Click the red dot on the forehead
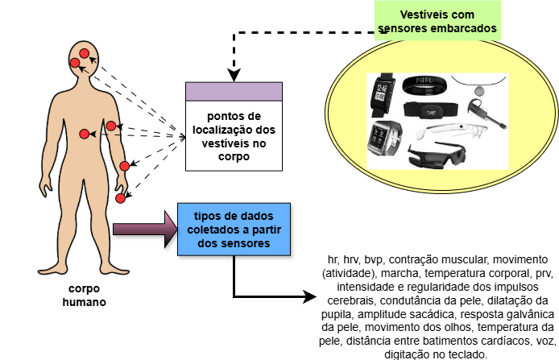click(x=84, y=53)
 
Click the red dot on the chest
click(x=85, y=134)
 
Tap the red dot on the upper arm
click(x=111, y=126)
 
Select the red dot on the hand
click(x=120, y=197)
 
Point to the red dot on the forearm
click(x=125, y=166)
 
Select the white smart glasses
click(x=456, y=129)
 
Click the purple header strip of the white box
click(x=233, y=91)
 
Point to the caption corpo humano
click(x=84, y=295)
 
